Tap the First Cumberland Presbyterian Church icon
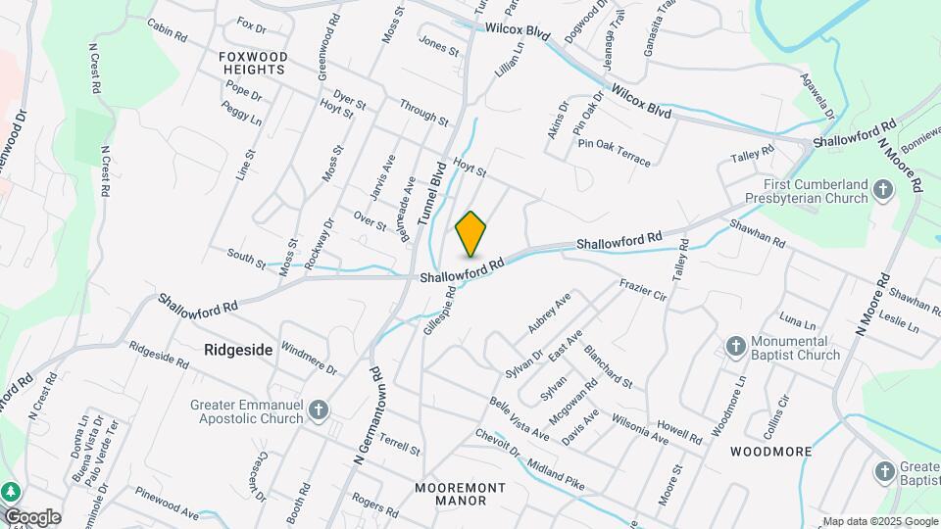883,190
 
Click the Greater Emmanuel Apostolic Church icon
318,410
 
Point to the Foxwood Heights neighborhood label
253,64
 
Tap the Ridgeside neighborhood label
238,349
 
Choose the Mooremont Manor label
460,494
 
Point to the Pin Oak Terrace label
614,152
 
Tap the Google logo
31,516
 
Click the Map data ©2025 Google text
879,521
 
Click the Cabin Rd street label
167,30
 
